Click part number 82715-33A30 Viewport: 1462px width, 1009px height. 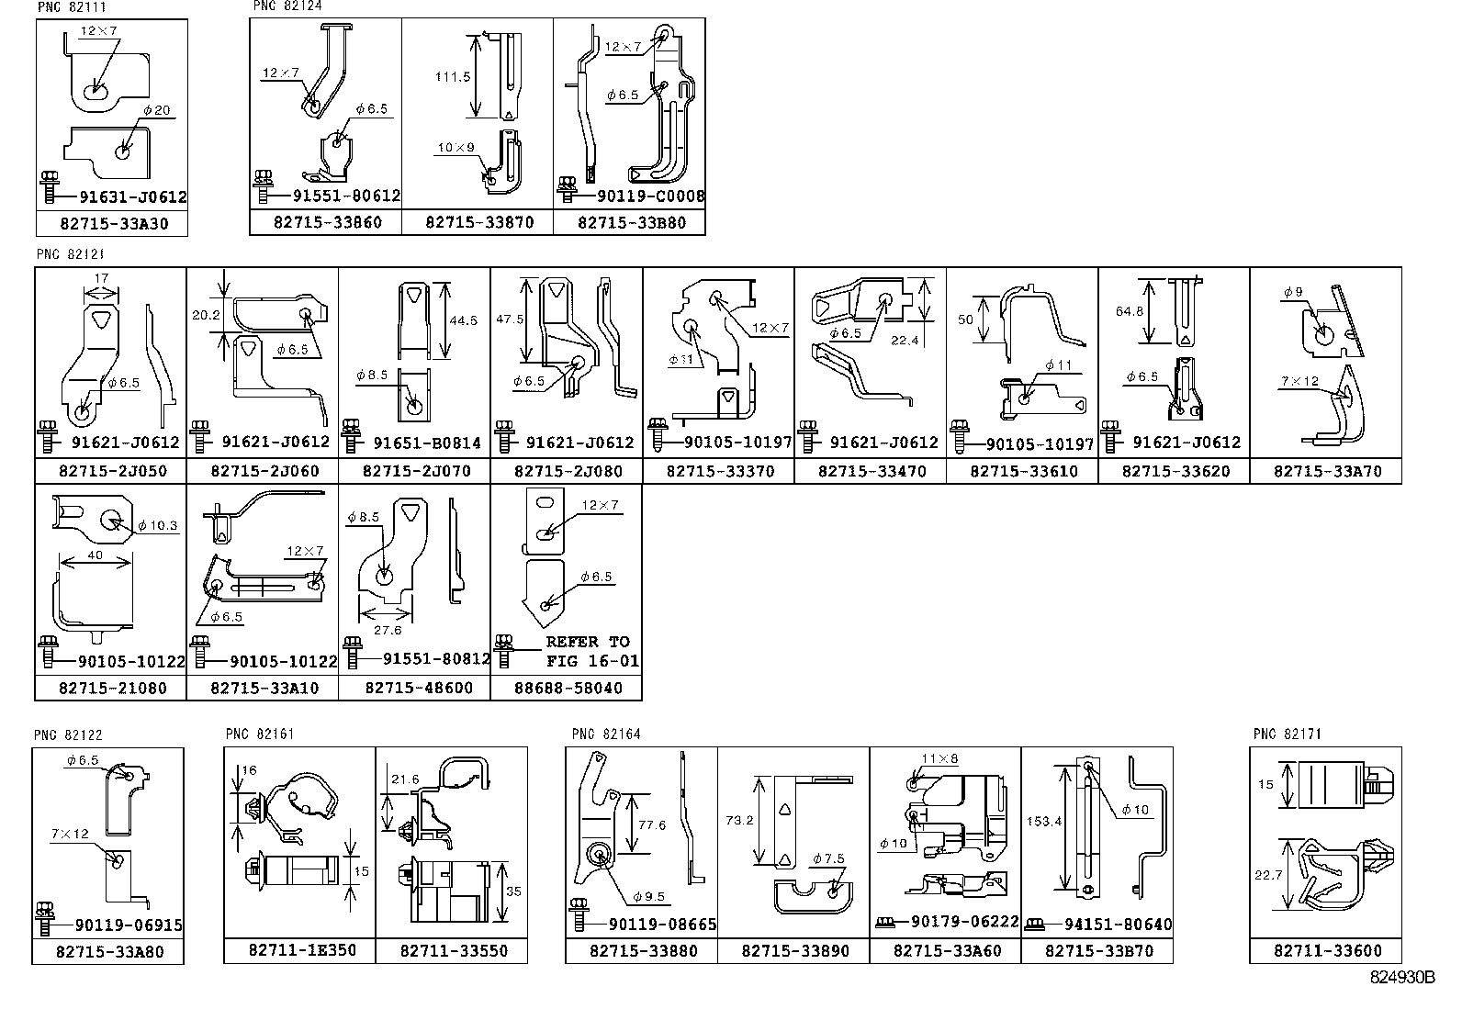pos(113,223)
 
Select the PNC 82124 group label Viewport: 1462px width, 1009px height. pos(287,6)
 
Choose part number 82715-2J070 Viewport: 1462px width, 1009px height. pos(416,471)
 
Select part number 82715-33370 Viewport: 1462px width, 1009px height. pos(720,471)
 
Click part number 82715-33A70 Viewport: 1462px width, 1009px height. pos(1327,471)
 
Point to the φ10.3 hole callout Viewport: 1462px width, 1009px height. pos(156,526)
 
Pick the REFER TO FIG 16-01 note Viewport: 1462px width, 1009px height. pos(588,651)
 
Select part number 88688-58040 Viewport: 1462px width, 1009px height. pos(568,688)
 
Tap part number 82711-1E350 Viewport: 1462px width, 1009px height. pos(302,950)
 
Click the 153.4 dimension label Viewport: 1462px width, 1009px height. pos(1043,822)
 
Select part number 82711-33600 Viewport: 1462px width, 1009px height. pos(1327,950)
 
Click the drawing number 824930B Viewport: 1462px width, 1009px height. pos(1401,978)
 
